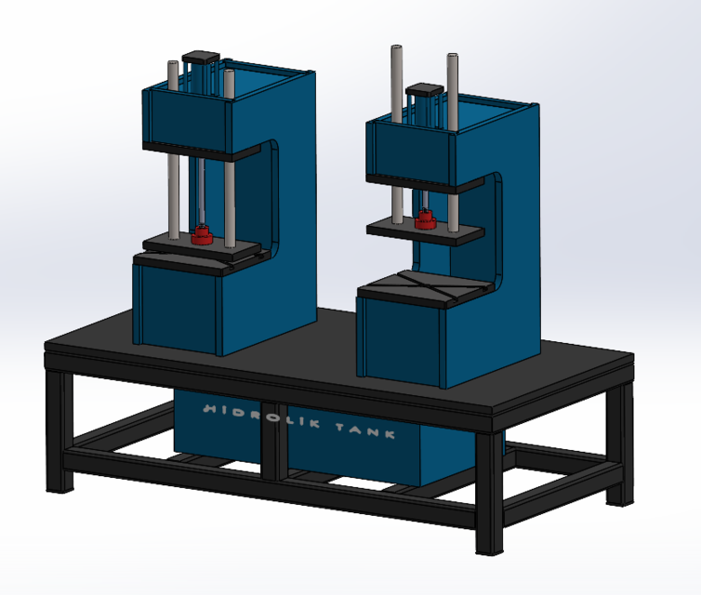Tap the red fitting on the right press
coord(426,219)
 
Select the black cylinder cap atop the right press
coord(423,90)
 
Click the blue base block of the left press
coord(177,302)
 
